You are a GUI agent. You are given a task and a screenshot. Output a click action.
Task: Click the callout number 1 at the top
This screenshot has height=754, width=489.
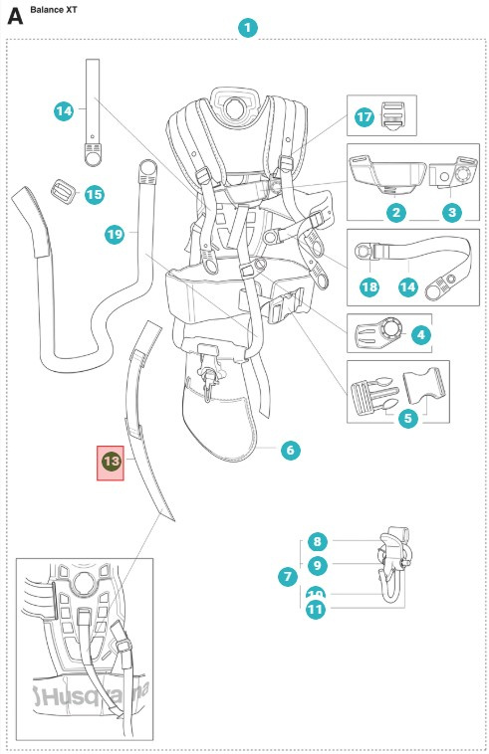coord(247,28)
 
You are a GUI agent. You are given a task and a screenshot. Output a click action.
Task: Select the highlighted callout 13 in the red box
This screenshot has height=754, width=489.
coord(111,462)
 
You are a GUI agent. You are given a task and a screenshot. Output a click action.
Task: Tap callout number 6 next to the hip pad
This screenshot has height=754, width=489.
coord(290,450)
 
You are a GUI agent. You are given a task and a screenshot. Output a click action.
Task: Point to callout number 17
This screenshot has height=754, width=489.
coord(364,117)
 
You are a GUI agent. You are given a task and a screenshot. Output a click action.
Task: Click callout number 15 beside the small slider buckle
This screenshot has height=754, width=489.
coord(94,194)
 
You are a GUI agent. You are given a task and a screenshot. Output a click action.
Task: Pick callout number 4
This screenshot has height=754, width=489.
coord(420,335)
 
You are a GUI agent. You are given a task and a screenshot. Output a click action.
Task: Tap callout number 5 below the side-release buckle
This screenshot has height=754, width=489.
coord(407,418)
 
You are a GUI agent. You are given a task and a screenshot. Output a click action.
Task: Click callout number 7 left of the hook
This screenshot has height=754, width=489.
coord(289,576)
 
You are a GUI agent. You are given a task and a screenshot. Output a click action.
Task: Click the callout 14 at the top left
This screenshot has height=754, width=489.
coord(64,111)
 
